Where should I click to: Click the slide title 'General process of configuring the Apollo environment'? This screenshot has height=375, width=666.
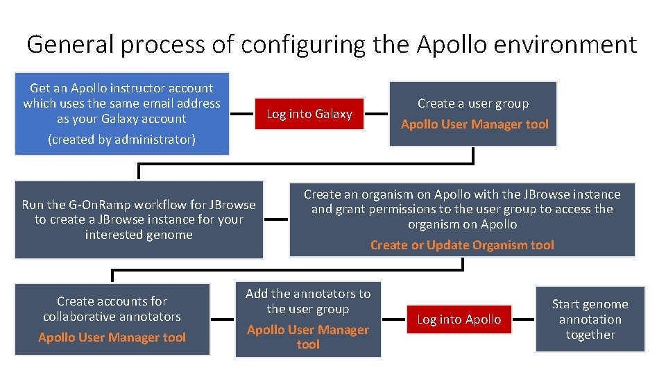(x=332, y=44)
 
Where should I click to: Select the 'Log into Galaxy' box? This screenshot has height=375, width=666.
(x=309, y=114)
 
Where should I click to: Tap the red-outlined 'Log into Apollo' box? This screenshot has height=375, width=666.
(x=459, y=319)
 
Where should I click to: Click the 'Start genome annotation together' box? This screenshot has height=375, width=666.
(x=590, y=319)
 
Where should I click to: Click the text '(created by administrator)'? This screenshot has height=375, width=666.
(x=121, y=140)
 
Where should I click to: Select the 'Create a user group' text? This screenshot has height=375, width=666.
(x=473, y=103)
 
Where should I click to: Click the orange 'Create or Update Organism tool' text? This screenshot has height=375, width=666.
(x=462, y=244)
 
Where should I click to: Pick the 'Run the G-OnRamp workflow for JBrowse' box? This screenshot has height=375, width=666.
(x=139, y=219)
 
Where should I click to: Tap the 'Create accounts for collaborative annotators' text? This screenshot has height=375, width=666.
(x=112, y=309)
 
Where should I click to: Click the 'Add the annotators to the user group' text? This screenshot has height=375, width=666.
(x=308, y=301)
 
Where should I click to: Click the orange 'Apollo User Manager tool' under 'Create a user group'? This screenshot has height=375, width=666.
(x=475, y=124)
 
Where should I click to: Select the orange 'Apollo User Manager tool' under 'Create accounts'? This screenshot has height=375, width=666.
(x=112, y=337)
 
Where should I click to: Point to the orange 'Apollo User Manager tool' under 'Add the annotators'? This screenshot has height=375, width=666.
(x=308, y=337)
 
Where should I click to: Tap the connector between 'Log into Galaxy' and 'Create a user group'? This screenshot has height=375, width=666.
(x=375, y=114)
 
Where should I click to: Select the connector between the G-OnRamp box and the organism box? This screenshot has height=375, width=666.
(x=276, y=219)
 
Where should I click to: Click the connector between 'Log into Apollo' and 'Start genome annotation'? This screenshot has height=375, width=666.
(x=524, y=319)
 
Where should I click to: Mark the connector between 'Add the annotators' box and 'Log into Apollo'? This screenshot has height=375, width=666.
(x=394, y=319)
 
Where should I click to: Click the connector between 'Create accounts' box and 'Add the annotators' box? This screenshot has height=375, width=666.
(x=222, y=319)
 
